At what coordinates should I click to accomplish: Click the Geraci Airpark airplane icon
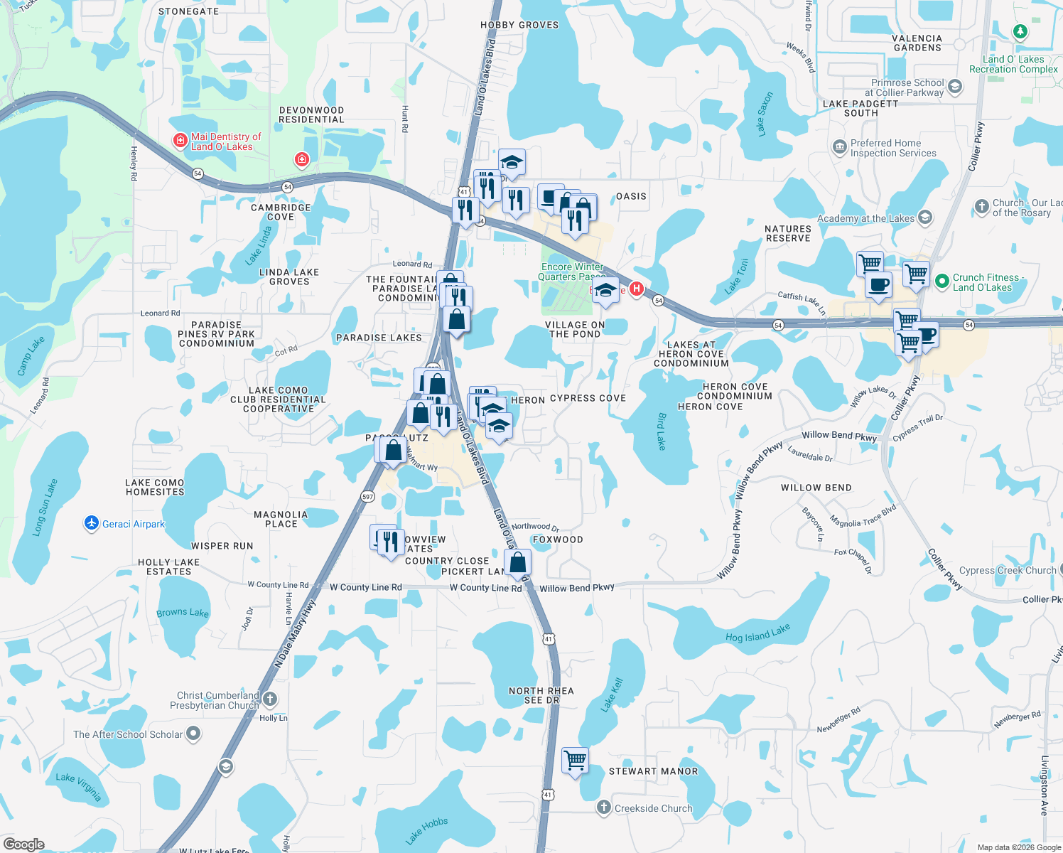91,524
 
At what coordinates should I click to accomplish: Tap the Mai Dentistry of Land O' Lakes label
225,141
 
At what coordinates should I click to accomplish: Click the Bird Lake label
662,431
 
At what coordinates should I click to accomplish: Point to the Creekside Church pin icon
603,808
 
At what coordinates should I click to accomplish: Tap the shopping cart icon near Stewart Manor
575,760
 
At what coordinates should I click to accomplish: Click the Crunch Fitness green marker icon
942,281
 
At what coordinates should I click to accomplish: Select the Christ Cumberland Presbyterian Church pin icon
270,699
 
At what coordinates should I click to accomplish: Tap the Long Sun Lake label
44,507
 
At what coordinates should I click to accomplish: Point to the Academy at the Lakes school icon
925,218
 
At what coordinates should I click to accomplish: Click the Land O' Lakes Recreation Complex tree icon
1020,32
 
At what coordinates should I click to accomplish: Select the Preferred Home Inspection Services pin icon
839,148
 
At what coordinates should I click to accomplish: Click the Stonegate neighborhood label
188,11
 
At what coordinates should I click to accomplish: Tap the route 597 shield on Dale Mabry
367,496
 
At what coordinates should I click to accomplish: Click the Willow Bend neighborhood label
816,488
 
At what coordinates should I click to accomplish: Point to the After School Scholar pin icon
193,734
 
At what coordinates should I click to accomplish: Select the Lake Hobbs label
426,830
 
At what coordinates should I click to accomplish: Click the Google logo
23,844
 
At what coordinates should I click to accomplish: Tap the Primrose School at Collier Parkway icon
955,87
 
